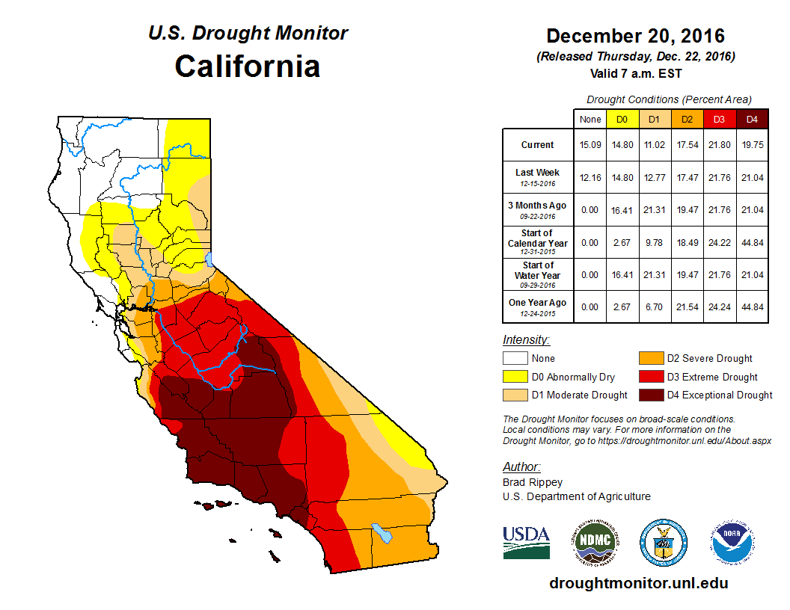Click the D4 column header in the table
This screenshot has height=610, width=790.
point(753,119)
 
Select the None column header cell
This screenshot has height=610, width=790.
point(590,119)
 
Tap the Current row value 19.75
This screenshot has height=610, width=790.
point(753,145)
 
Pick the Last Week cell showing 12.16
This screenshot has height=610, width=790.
point(590,177)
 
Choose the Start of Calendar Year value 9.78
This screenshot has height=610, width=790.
point(655,242)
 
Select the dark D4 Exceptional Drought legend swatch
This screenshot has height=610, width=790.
point(650,395)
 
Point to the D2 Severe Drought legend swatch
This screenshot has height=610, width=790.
point(650,359)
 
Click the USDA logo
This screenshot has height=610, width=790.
point(526,542)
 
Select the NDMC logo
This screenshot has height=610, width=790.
point(593,542)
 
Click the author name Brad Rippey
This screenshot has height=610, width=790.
point(533,482)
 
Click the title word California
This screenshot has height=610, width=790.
point(248,67)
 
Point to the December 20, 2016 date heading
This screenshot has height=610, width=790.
point(635,36)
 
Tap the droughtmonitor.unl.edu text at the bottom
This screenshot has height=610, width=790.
point(638,583)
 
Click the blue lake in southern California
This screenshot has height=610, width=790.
point(382,533)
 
